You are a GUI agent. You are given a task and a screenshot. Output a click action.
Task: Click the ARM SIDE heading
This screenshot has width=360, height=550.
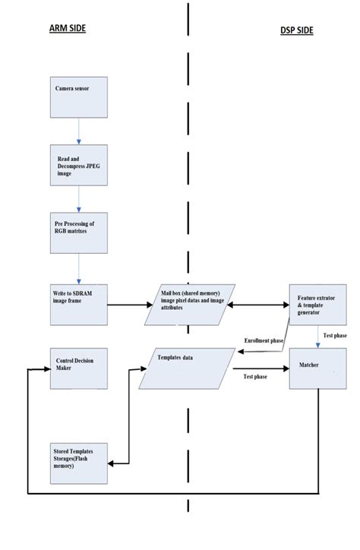click(x=68, y=29)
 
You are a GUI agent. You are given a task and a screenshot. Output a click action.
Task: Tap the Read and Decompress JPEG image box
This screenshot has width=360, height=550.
click(x=79, y=164)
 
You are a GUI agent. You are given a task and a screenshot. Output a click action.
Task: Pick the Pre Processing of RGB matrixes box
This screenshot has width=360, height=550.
click(x=79, y=232)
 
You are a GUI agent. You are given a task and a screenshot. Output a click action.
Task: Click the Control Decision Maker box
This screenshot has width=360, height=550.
click(x=79, y=368)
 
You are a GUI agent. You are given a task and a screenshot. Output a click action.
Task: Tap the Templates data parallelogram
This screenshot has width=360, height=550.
click(x=187, y=368)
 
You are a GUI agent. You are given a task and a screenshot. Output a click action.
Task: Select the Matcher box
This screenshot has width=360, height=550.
click(x=317, y=369)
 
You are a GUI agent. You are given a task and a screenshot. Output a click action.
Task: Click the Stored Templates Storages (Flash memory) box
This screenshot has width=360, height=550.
click(x=79, y=462)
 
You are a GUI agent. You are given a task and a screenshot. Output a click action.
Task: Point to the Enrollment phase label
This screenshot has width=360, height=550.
click(x=264, y=341)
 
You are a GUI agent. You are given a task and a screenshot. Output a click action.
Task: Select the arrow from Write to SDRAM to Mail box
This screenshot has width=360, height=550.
click(x=129, y=306)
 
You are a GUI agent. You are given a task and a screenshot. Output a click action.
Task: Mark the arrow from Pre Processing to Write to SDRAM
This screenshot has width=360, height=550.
click(x=79, y=269)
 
